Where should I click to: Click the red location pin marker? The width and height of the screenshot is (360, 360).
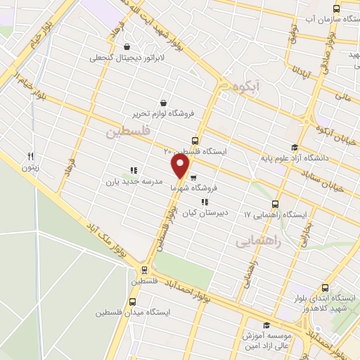[x=181, y=165]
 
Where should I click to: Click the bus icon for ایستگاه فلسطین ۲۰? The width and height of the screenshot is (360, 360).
[x=195, y=140]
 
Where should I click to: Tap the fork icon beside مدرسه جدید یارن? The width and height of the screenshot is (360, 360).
[x=133, y=170]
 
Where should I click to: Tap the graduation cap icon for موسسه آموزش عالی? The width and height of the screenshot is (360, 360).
[x=266, y=324]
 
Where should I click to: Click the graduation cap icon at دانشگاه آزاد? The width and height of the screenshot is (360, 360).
[x=295, y=147]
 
